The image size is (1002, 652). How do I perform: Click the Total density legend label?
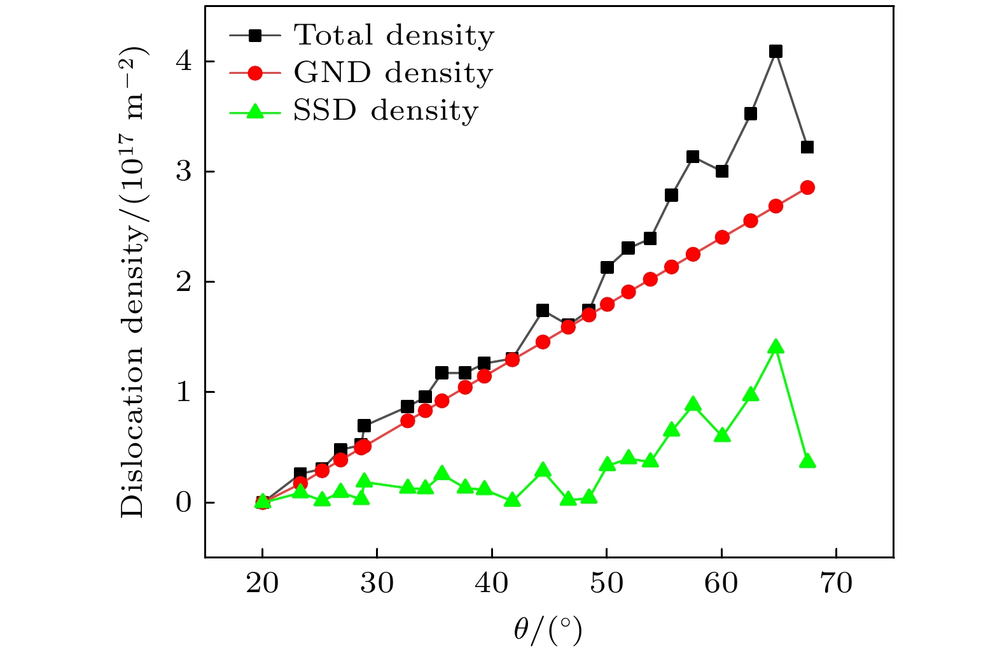pos(394,36)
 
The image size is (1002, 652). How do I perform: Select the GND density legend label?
pos(393,73)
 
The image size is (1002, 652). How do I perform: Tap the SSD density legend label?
pos(386,111)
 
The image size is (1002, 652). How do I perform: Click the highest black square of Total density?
pos(776,52)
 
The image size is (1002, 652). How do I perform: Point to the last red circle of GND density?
pos(807,187)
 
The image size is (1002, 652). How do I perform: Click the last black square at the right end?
pos(807,147)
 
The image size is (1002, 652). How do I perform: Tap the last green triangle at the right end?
pos(807,461)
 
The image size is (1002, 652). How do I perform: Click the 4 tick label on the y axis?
pos(183,62)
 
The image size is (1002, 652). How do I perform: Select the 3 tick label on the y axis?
pos(183,172)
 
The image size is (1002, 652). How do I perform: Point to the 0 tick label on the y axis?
pos(183,503)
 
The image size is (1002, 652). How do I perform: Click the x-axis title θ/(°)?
pos(548,630)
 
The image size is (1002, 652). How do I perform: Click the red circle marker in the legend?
pos(254,73)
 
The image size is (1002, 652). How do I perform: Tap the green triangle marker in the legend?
pos(254,111)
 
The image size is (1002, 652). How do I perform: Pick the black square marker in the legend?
pos(254,36)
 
